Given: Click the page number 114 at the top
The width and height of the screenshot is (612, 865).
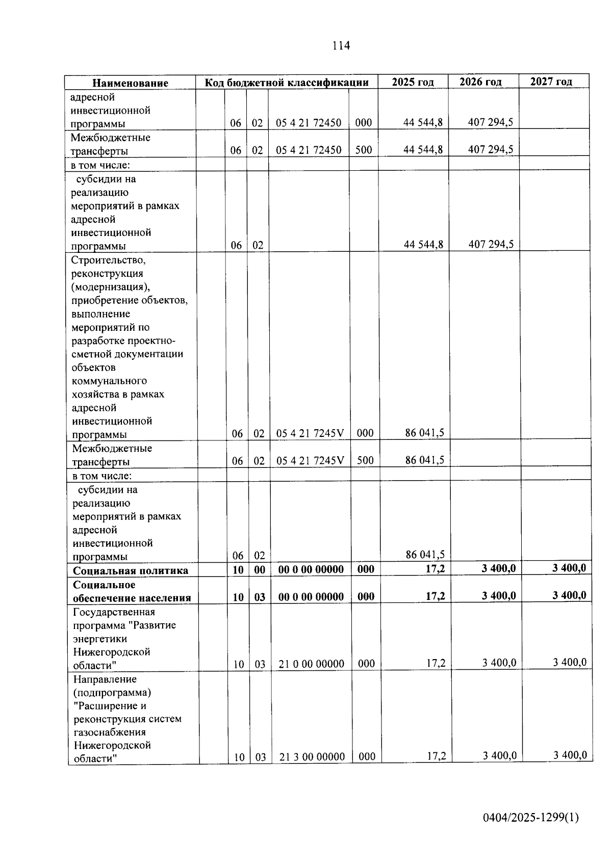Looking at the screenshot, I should (x=341, y=45).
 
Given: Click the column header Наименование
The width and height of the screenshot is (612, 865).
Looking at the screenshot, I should (x=130, y=83).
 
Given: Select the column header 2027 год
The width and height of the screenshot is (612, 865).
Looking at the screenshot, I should (x=551, y=82).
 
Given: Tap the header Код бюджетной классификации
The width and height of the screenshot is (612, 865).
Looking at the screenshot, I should (x=287, y=83).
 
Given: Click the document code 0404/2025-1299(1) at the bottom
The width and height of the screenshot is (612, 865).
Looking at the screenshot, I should (x=531, y=818).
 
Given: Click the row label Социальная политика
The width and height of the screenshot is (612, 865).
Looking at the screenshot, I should (x=130, y=570).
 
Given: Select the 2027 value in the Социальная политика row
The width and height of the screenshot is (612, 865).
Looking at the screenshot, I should (x=569, y=568).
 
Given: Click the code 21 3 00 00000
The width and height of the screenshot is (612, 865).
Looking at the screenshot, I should (x=312, y=757).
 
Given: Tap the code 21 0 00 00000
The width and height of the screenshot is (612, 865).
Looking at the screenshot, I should (x=311, y=664).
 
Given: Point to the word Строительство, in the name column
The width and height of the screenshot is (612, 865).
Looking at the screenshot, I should (x=108, y=260).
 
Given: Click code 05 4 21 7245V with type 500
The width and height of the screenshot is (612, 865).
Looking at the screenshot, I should (x=310, y=461).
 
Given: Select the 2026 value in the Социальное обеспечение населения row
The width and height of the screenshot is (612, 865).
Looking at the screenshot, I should (x=499, y=595).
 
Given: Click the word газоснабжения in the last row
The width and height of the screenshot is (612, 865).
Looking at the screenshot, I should (x=109, y=732).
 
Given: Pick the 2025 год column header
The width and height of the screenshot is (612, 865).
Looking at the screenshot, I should (x=413, y=82).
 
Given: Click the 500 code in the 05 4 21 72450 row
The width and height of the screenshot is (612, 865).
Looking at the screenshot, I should (x=364, y=150).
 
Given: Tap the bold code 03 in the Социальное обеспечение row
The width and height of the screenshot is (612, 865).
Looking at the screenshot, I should (x=260, y=597).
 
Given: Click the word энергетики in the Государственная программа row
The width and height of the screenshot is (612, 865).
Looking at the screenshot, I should (x=100, y=639).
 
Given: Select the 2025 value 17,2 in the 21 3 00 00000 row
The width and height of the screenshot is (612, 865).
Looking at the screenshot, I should (x=436, y=756).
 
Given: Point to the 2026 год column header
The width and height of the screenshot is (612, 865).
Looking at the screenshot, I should (x=480, y=82).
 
